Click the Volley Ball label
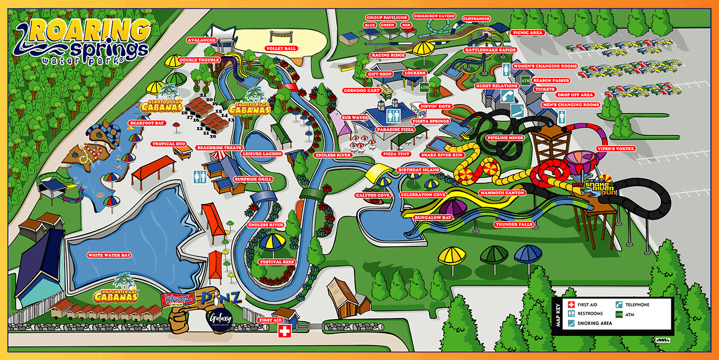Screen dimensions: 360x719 point(281,48)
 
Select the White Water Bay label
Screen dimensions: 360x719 point(109,255)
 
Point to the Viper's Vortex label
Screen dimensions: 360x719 point(617,149)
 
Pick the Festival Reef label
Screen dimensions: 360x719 point(277,262)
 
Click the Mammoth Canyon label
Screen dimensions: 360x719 point(503,193)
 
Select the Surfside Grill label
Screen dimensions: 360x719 point(267,179)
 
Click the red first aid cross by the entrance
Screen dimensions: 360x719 point(284,332)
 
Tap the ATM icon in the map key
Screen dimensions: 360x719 point(619,314)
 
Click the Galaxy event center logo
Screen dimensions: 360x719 point(219,318)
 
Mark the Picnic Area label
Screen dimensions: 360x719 point(527,32)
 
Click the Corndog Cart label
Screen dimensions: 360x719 point(362,91)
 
